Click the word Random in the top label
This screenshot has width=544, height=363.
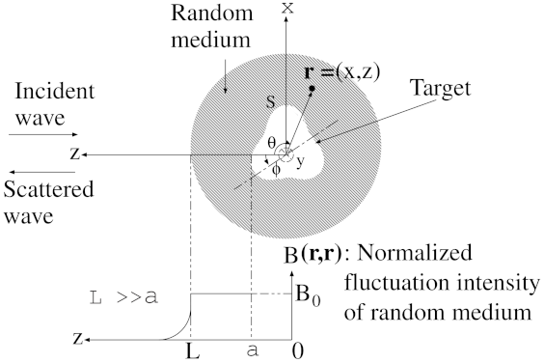coord(212,13)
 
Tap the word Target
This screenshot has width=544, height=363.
coord(441,89)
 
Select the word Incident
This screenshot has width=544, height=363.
coord(54,91)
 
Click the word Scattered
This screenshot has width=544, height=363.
coord(48,189)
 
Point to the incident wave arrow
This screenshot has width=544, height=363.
coord(43,134)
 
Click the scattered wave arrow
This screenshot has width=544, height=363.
coord(42,172)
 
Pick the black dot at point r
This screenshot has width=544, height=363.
coord(312,89)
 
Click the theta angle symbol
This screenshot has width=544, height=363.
coord(272,142)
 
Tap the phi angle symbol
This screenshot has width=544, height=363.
coord(276,170)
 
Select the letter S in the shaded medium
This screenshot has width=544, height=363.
coord(271,101)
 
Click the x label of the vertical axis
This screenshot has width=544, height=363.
coord(286,8)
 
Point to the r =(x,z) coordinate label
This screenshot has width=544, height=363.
coord(341,72)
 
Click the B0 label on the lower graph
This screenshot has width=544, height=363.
coord(308,295)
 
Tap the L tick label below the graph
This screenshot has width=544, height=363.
coord(193,351)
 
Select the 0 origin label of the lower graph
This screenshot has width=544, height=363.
coord(298,351)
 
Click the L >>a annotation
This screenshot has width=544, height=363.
coord(123,297)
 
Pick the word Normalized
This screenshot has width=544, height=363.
coord(415,253)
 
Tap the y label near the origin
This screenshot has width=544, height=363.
coord(300,162)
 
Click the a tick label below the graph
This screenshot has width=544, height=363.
coord(253,351)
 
